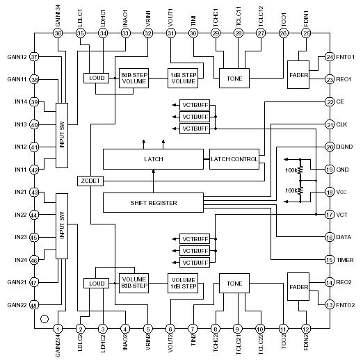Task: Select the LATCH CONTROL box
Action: click(234, 159)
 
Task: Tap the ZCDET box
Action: click(90, 181)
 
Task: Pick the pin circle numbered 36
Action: click(58, 33)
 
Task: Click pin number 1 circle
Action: click(58, 328)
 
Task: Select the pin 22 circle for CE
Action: click(330, 101)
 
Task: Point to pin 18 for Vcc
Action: click(330, 192)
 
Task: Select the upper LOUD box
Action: click(96, 79)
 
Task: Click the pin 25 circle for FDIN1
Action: click(307, 33)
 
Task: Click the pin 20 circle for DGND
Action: click(330, 147)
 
